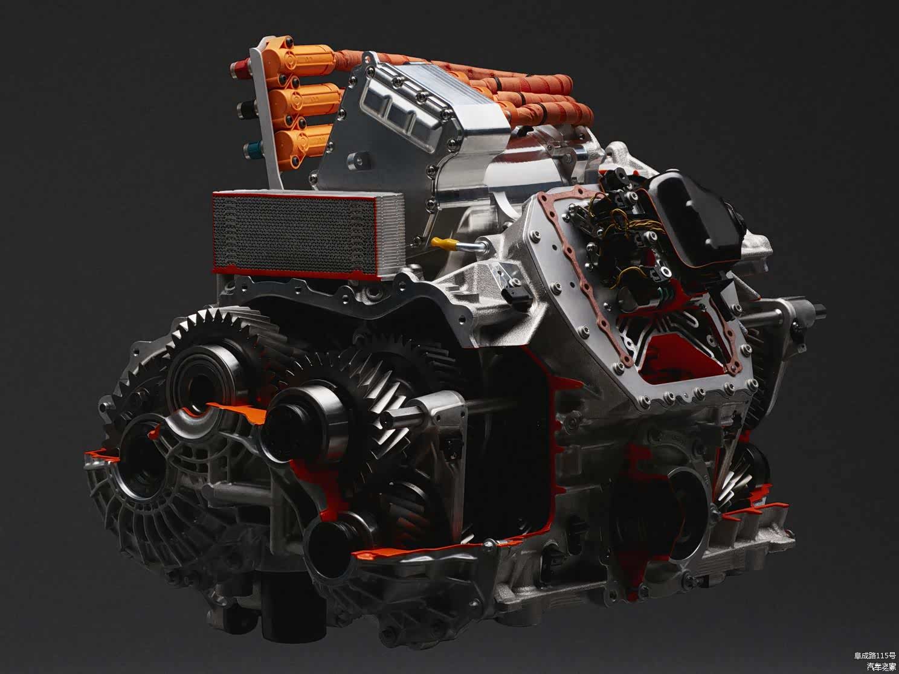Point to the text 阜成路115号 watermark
(875, 656)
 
